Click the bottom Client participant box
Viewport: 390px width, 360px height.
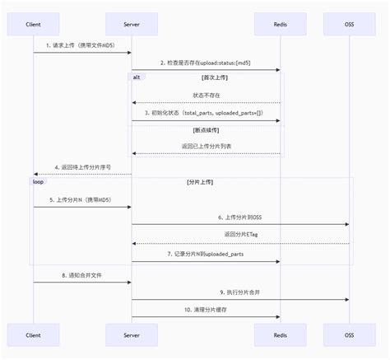click(34, 334)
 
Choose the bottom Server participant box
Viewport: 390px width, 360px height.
click(132, 334)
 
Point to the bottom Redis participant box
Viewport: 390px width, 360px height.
click(280, 334)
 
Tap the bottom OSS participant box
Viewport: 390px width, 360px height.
click(349, 334)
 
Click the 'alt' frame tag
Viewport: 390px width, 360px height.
click(137, 76)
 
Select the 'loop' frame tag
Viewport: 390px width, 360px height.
click(38, 181)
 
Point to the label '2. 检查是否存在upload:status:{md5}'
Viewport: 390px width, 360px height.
click(206, 63)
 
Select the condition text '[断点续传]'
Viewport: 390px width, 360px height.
click(206, 130)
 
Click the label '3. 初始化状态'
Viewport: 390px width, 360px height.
click(206, 112)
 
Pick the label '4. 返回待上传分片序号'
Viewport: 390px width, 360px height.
click(82, 166)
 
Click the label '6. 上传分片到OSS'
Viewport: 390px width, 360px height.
click(239, 217)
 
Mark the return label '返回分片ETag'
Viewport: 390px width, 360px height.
click(239, 235)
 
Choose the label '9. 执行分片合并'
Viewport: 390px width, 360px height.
click(239, 292)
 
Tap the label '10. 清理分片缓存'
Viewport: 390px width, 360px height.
click(206, 309)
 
